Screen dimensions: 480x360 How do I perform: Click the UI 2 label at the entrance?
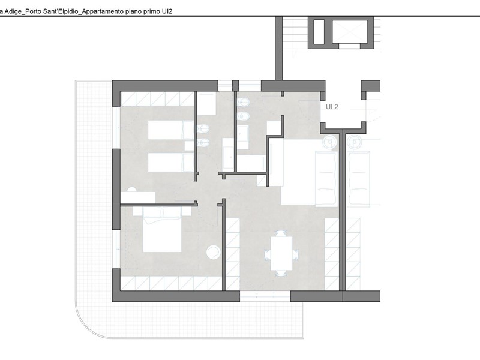[332, 107]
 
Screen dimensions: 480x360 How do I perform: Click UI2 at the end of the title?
[167, 11]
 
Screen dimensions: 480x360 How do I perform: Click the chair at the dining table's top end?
[281, 233]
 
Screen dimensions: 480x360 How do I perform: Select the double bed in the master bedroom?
[162, 230]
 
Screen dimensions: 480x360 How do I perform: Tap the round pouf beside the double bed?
[214, 252]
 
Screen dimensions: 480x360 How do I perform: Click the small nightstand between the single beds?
[189, 146]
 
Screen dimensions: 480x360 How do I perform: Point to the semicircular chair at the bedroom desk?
[131, 190]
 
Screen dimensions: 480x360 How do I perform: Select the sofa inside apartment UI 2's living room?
[326, 178]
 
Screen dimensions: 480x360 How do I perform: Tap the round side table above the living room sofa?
[329, 142]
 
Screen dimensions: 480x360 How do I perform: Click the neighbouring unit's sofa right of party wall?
[359, 178]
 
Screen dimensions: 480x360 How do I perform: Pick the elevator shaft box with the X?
[350, 32]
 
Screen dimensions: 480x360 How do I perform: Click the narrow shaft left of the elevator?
[319, 32]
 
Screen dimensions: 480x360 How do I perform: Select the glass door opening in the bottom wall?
[265, 296]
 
